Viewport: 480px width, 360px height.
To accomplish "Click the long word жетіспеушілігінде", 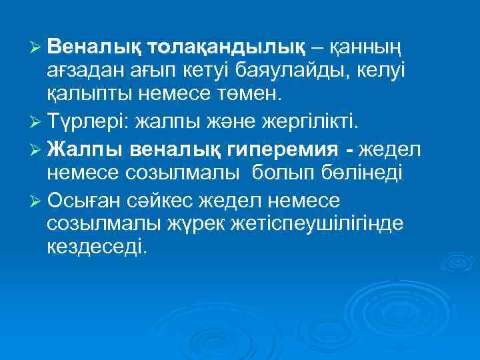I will [307, 223].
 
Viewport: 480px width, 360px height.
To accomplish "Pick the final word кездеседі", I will [96, 247].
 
